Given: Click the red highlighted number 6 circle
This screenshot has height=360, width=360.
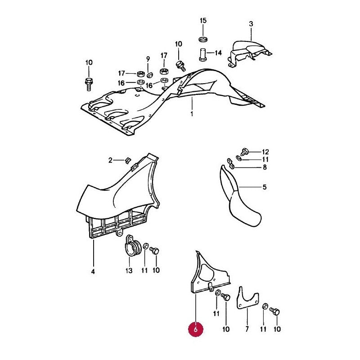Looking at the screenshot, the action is [196, 329].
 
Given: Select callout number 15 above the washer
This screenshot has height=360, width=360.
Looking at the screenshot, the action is [203, 21].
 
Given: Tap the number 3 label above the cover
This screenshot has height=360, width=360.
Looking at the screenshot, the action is [251, 24].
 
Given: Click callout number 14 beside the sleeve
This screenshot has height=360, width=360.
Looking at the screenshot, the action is [218, 53].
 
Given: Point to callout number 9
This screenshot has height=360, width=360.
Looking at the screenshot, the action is [148, 59].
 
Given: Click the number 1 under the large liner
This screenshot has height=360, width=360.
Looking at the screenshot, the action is [192, 114].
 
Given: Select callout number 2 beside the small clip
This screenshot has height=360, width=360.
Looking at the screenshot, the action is [110, 160].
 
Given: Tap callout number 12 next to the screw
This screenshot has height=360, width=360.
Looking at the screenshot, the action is [265, 152].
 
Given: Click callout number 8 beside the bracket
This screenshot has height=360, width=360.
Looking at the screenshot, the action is [265, 167].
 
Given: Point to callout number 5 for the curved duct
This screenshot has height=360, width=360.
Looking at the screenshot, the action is [265, 187].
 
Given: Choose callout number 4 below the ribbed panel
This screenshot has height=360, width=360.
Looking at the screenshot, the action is [93, 272].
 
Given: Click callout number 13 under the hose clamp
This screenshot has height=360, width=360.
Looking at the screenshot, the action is [129, 270].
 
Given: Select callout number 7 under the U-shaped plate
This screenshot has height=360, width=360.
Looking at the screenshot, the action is [247, 329].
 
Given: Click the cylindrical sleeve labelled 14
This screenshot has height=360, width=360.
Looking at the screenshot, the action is [202, 54].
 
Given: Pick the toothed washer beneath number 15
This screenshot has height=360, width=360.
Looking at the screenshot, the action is [203, 39].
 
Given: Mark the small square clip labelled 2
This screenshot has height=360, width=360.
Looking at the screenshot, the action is [128, 161].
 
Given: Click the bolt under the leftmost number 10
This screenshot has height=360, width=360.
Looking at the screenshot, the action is [89, 84].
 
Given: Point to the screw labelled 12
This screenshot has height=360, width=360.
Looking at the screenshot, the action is [244, 151].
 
